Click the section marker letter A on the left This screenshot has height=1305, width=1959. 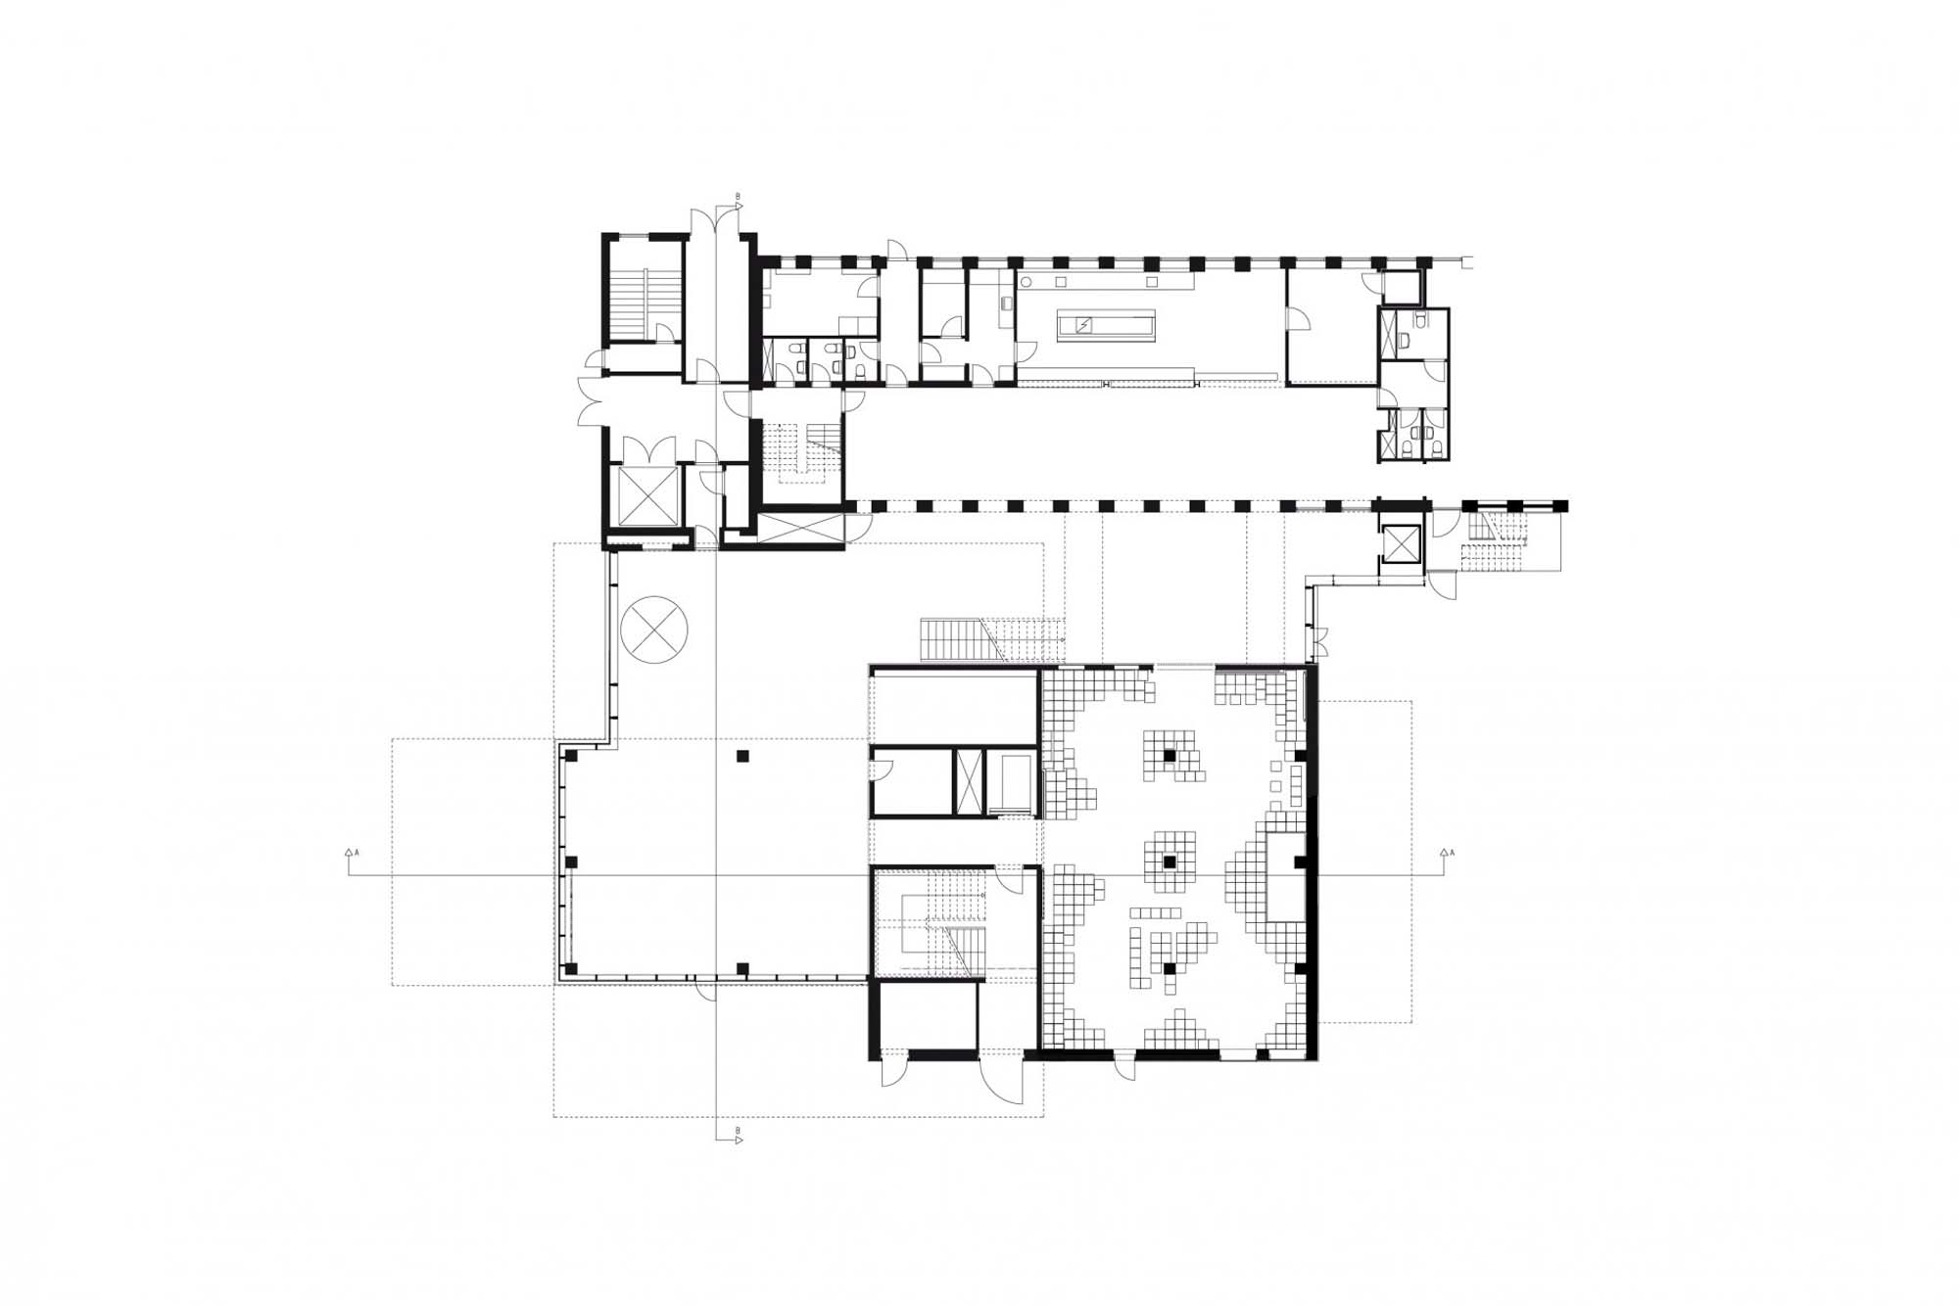tap(357, 853)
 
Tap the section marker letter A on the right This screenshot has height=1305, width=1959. tap(1452, 853)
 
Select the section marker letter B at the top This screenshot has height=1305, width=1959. tap(738, 196)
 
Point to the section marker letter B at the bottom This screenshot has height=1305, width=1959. tap(738, 1131)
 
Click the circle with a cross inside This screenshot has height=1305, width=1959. tap(654, 629)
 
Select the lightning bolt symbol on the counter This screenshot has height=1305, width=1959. tap(1084, 325)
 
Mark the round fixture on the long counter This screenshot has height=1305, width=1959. tap(1026, 282)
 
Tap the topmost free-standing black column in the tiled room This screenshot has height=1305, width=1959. tap(1170, 755)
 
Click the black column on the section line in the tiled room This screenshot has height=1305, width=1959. tap(1170, 862)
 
